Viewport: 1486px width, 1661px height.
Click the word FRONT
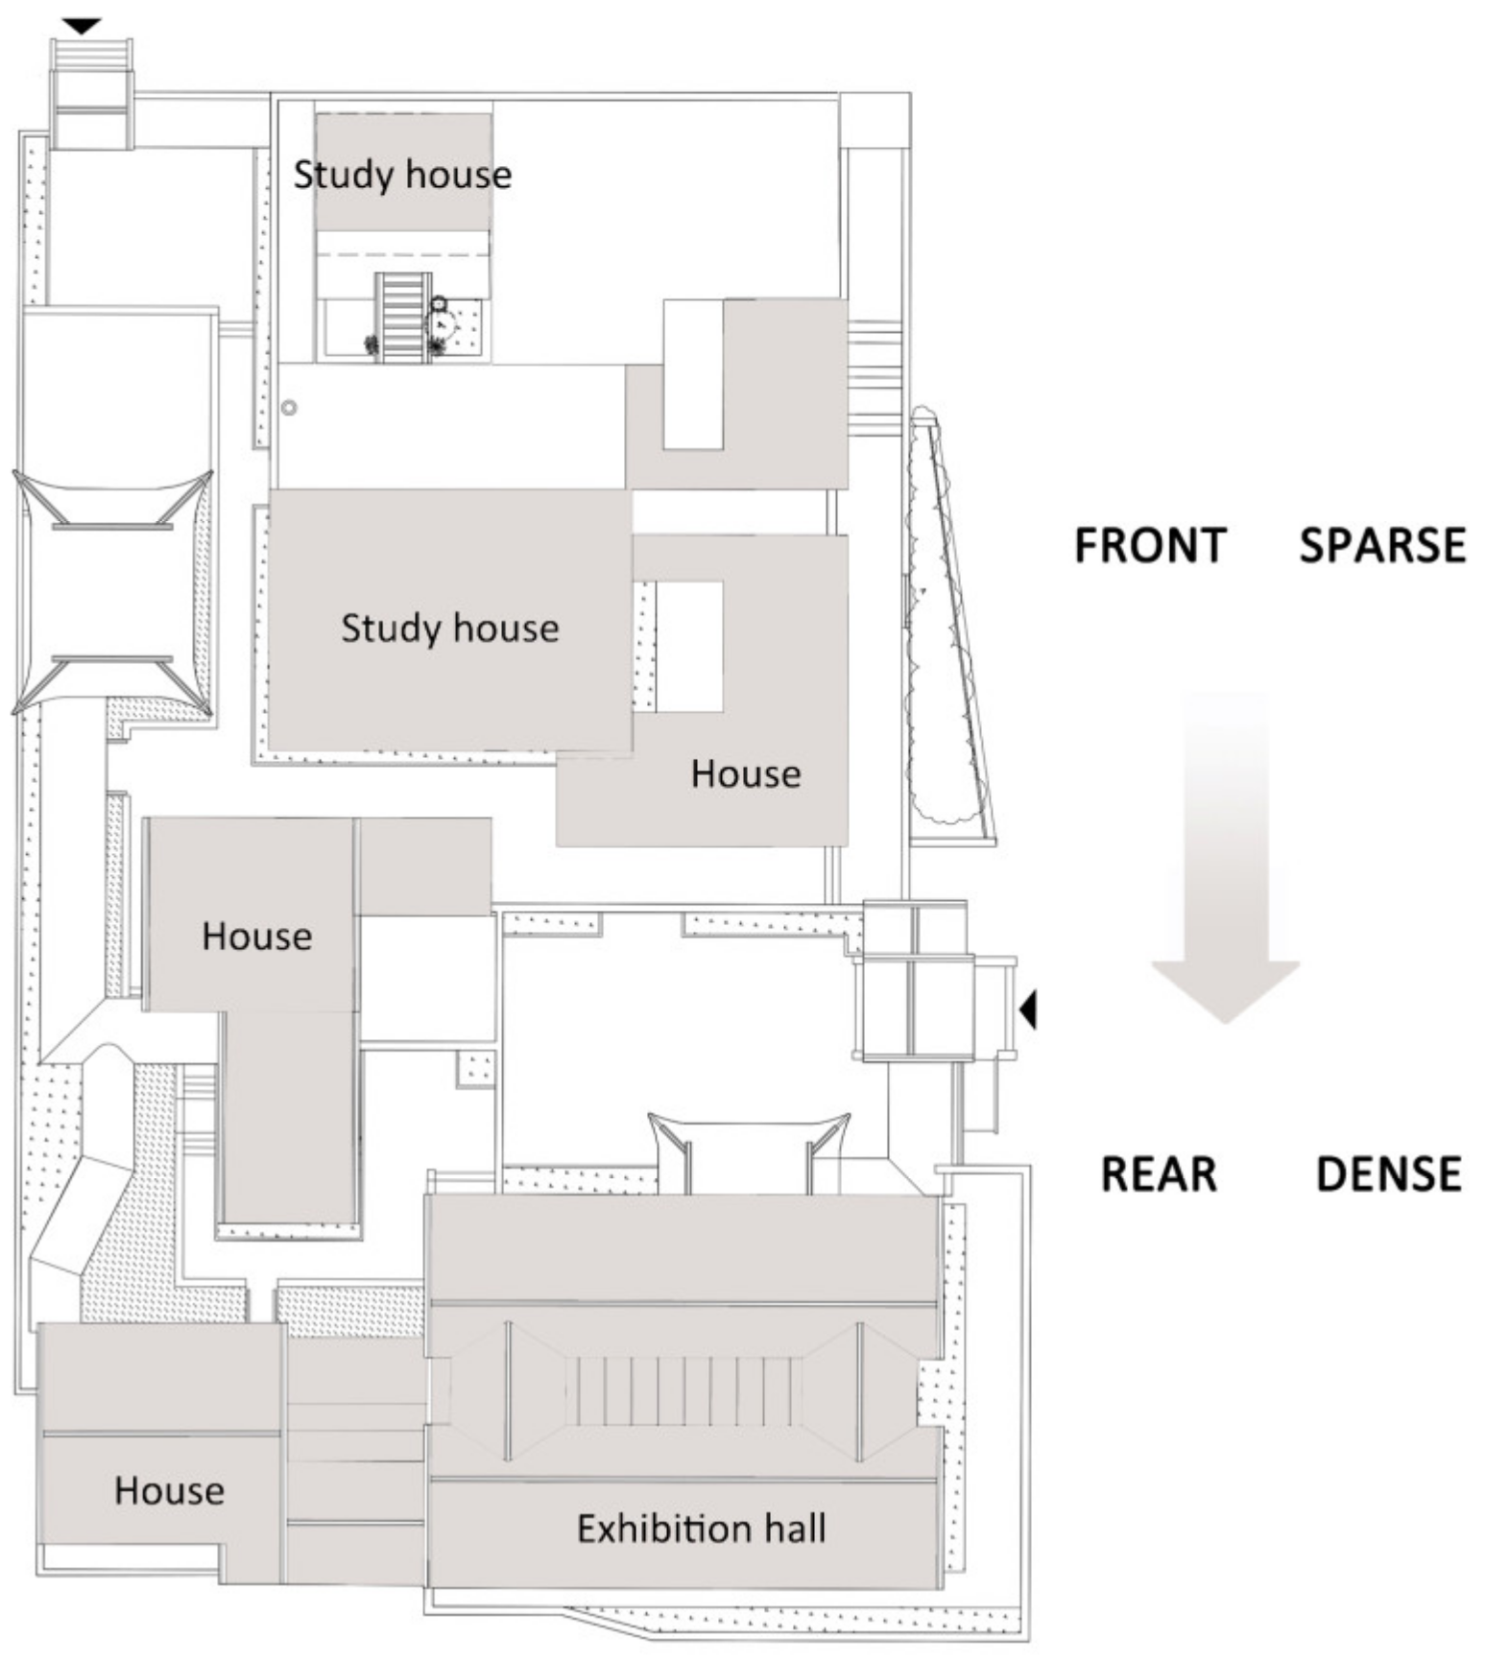tap(1149, 545)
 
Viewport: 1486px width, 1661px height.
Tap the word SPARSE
tap(1381, 545)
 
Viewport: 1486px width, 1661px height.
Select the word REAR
tap(1158, 1174)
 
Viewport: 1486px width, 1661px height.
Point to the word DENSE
tap(1387, 1174)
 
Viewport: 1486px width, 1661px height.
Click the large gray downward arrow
tap(1225, 864)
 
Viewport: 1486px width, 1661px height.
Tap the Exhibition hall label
tap(701, 1529)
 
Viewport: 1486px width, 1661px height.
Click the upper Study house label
tap(402, 175)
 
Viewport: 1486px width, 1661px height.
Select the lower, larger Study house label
tap(449, 629)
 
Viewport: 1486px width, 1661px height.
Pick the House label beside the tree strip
tap(745, 774)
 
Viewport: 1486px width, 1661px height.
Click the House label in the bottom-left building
tap(169, 1491)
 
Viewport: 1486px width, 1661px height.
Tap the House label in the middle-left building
tap(256, 937)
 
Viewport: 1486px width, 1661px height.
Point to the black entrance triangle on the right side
tap(1028, 1010)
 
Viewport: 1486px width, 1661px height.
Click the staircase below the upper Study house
tap(401, 317)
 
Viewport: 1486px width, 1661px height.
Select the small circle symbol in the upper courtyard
tap(288, 408)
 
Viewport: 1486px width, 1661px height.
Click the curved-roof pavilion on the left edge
tap(112, 592)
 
